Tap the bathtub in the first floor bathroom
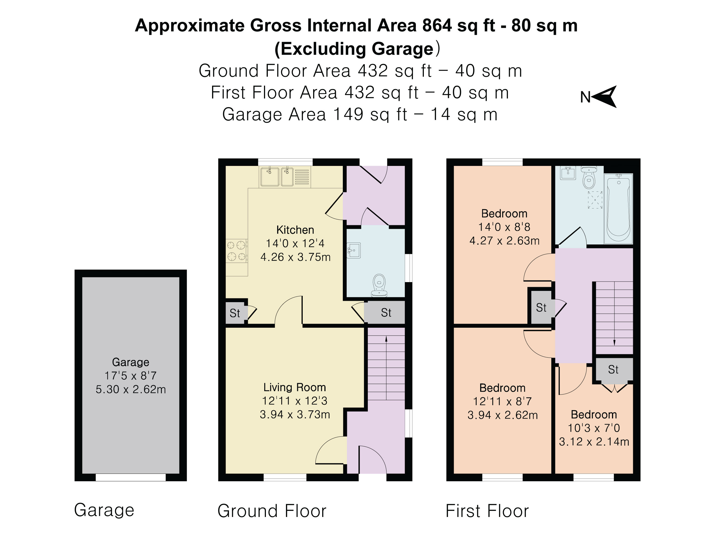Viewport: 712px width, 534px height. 618,208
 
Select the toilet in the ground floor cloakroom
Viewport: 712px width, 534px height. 379,285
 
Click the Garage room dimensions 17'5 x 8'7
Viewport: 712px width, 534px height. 130,375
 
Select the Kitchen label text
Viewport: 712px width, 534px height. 295,230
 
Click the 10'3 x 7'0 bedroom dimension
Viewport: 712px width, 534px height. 594,428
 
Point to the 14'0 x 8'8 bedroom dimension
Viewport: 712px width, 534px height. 504,227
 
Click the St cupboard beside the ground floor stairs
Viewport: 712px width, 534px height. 386,312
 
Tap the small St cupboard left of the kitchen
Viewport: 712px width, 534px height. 235,313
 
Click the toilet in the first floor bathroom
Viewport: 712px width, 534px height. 589,178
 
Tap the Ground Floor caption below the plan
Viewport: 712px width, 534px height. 272,511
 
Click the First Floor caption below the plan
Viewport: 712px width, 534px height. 487,511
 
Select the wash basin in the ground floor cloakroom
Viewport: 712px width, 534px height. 354,251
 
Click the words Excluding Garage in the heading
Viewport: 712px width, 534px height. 357,49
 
